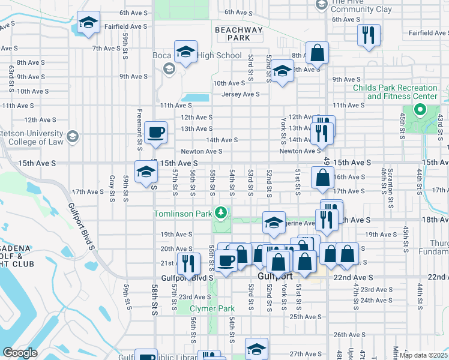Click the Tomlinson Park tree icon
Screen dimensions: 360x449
click(221, 212)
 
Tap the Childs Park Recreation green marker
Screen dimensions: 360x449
click(420, 110)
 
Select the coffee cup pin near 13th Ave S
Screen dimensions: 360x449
click(155, 133)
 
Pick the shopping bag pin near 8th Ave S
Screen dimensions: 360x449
click(316, 53)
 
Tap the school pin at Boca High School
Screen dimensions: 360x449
click(185, 52)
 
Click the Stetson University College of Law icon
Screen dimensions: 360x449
click(73, 137)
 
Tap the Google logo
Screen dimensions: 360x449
click(20, 353)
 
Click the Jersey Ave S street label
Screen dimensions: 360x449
click(240, 94)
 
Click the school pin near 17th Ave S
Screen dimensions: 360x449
click(146, 172)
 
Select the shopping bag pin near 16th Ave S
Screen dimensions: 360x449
click(322, 177)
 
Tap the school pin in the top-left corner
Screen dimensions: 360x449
click(88, 24)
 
